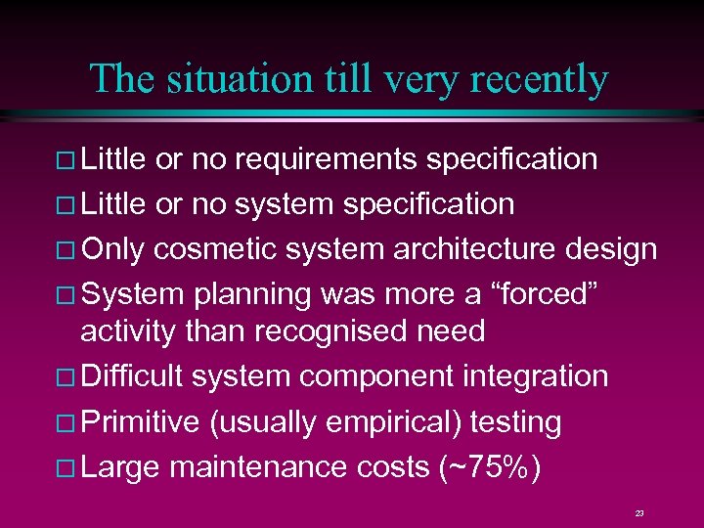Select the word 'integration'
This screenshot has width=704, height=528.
tap(536, 375)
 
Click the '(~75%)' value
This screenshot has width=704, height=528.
tap(488, 468)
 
